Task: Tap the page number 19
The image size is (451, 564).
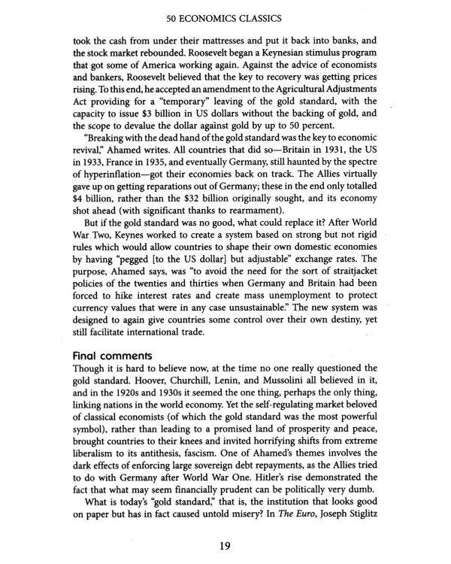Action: (225, 546)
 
